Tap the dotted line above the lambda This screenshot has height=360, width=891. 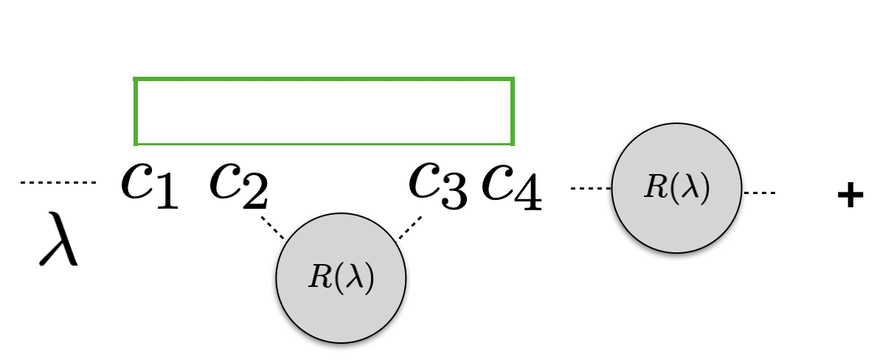click(58, 182)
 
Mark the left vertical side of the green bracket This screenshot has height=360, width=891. click(136, 111)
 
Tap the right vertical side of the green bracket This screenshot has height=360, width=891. click(512, 111)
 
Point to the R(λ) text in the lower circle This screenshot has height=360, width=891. click(341, 277)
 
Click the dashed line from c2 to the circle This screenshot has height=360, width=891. click(272, 227)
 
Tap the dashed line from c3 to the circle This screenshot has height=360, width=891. click(410, 227)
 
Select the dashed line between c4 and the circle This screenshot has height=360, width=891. click(591, 189)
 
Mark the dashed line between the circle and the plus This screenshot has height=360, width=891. click(759, 193)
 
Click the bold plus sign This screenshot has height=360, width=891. click(850, 195)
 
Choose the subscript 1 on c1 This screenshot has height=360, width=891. click(166, 195)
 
